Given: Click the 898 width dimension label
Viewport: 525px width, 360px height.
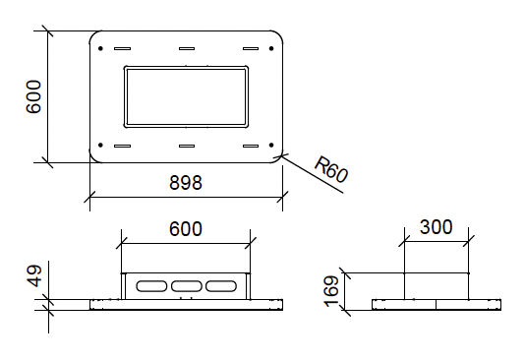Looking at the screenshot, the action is click(x=186, y=183).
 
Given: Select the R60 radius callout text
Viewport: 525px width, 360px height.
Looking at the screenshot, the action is click(x=331, y=169).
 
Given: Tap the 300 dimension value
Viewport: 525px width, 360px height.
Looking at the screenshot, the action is click(x=436, y=226).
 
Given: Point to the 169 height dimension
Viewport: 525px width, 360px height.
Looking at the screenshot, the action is click(x=331, y=291).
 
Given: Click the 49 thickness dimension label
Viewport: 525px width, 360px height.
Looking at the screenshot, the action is click(x=34, y=276).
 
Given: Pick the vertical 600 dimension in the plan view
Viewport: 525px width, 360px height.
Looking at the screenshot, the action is click(x=33, y=96).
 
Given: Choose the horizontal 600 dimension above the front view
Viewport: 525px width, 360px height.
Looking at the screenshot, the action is click(x=186, y=229).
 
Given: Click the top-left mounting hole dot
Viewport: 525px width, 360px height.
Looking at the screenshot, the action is click(x=100, y=48).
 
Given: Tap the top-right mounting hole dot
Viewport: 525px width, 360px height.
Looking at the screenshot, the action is click(x=271, y=48).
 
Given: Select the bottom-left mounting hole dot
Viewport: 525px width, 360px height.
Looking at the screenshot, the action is click(x=100, y=145).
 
